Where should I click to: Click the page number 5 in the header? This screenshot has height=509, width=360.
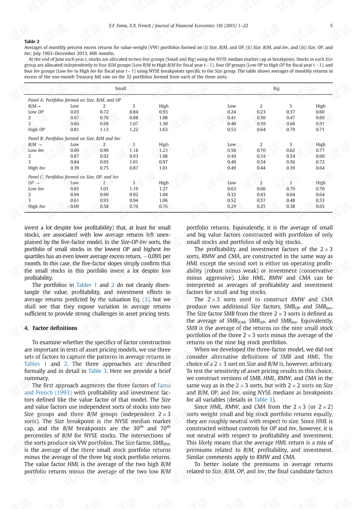tap(331, 26)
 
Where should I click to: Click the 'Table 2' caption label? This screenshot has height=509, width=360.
tap(32, 42)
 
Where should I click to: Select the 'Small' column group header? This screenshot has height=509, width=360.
tap(120, 89)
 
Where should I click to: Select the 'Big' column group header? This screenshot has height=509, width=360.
tap(276, 89)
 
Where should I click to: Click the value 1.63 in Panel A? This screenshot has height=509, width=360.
tap(163, 129)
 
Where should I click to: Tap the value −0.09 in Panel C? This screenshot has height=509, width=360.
tap(73, 206)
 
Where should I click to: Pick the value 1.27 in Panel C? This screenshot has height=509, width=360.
tap(163, 189)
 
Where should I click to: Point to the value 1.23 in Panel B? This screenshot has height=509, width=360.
tap(163, 150)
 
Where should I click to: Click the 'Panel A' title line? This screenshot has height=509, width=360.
tap(75, 100)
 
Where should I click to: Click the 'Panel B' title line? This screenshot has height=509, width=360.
tap(74, 138)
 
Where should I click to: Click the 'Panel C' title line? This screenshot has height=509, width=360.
tap(73, 177)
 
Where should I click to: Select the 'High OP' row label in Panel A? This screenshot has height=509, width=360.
tap(36, 129)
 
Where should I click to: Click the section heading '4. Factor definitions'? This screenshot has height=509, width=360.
tap(51, 328)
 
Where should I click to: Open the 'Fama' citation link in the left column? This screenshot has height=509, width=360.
tap(164, 385)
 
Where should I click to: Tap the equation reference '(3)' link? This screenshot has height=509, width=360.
tap(146, 299)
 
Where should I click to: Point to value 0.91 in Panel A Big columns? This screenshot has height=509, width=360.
tap(320, 124)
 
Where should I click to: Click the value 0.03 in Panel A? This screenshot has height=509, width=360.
tap(75, 112)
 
